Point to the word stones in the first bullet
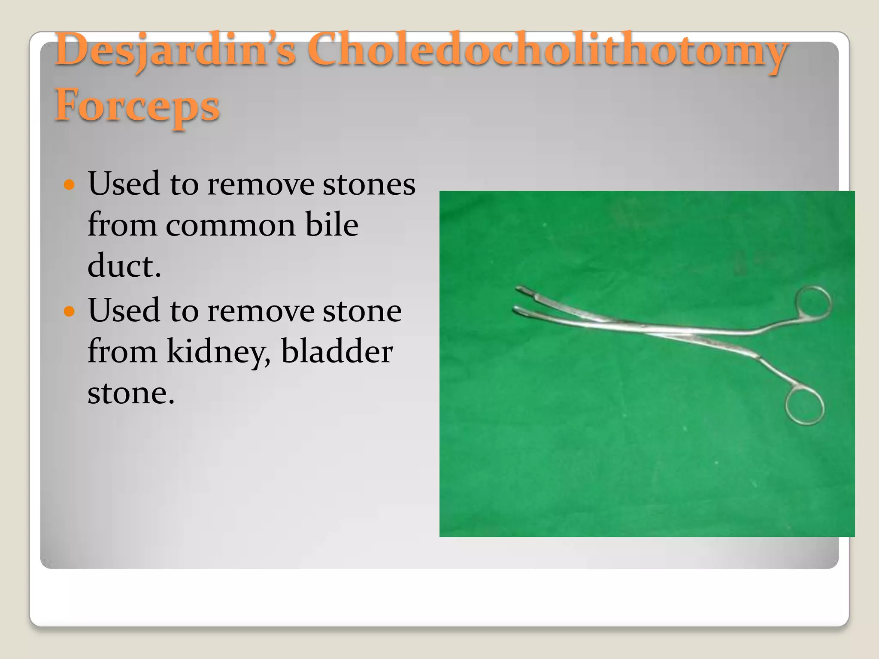point(369,184)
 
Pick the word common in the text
point(230,225)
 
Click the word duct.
point(124,266)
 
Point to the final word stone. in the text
point(131,393)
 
